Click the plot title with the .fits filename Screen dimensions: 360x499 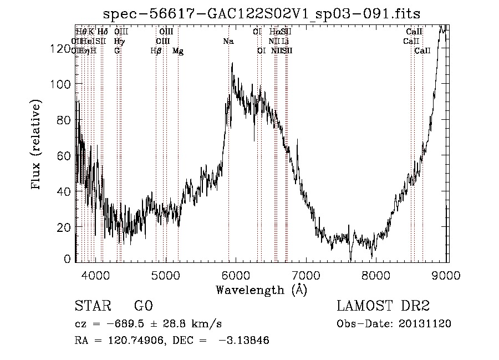(262, 13)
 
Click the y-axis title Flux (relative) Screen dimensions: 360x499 (37, 145)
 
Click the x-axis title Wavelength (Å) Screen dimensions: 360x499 (261, 290)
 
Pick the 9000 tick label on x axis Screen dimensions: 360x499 (447, 275)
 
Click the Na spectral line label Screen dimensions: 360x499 (228, 41)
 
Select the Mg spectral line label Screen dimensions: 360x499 (178, 50)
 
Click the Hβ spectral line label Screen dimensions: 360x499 (156, 50)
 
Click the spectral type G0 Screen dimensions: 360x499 (144, 307)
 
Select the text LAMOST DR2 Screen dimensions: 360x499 (383, 307)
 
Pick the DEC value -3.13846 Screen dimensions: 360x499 (245, 341)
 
